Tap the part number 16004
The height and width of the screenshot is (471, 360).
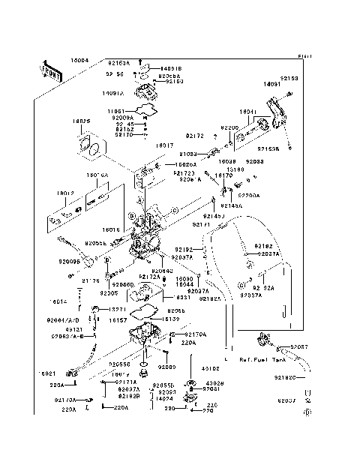click(x=79, y=59)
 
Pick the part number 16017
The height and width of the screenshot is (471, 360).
click(x=164, y=145)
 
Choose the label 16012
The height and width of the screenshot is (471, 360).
click(x=65, y=193)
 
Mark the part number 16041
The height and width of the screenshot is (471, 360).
click(x=248, y=112)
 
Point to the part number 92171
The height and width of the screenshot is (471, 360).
click(x=201, y=223)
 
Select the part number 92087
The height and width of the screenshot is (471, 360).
click(x=299, y=346)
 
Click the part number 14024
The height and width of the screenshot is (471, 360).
click(x=165, y=399)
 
